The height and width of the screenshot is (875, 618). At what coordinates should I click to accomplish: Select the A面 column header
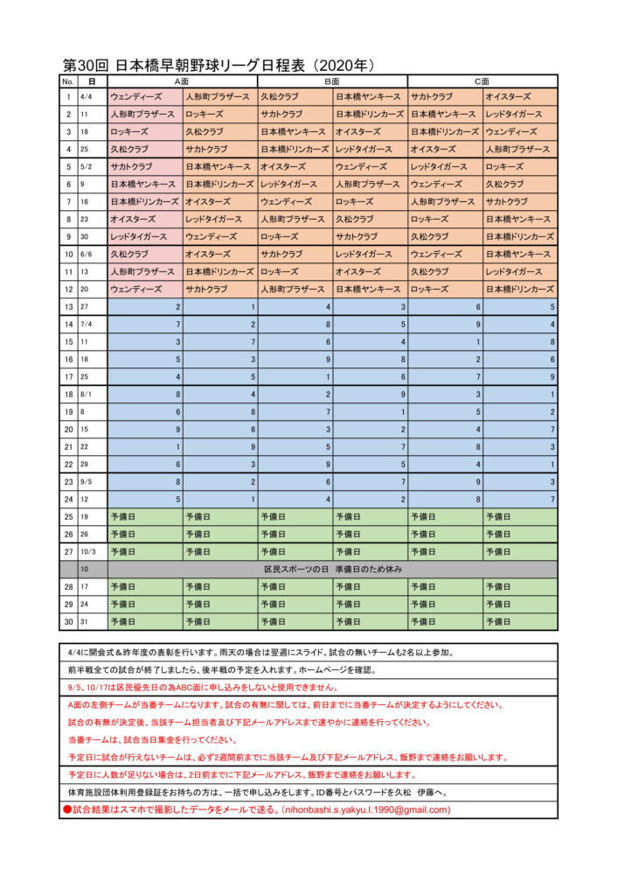pos(182,81)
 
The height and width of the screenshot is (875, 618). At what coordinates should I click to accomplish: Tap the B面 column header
pos(332,81)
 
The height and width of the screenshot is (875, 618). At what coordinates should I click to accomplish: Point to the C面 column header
pos(483,81)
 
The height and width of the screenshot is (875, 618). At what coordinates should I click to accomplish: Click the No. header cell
pos(67,81)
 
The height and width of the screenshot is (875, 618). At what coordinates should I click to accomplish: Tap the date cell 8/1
pos(89,395)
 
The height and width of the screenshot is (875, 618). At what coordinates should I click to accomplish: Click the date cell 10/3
pos(89,552)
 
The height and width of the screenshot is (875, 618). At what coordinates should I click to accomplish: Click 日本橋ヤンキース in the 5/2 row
pos(218,166)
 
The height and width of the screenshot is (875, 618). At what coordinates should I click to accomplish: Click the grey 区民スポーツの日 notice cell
pos(332,570)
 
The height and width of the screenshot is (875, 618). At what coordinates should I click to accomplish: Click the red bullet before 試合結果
pos(67,810)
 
